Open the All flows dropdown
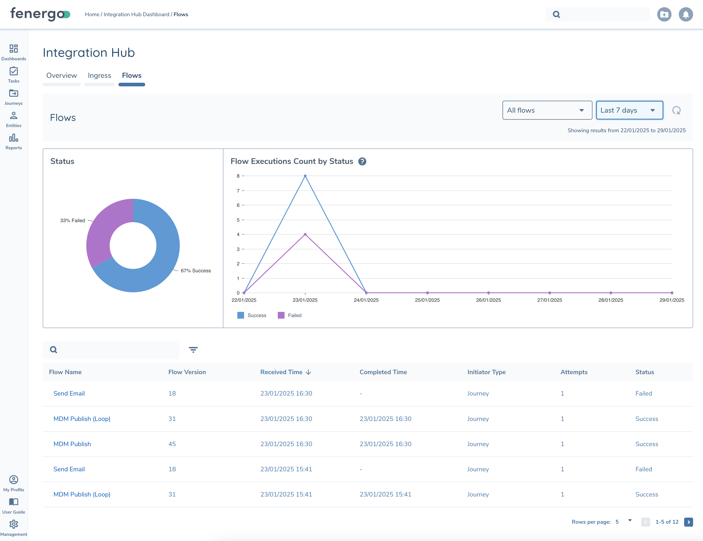coord(547,110)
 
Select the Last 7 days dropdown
coord(629,110)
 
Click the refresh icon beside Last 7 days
coord(676,110)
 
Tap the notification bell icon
coord(686,14)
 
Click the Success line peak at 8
coord(305,176)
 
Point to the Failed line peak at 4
coord(305,235)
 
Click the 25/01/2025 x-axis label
coord(427,300)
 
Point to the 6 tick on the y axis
coord(238,205)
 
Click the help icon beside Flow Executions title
coord(362,161)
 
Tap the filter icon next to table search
coord(193,350)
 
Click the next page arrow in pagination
coord(689,522)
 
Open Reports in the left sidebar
coord(13,142)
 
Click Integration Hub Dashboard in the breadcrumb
coord(136,14)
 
